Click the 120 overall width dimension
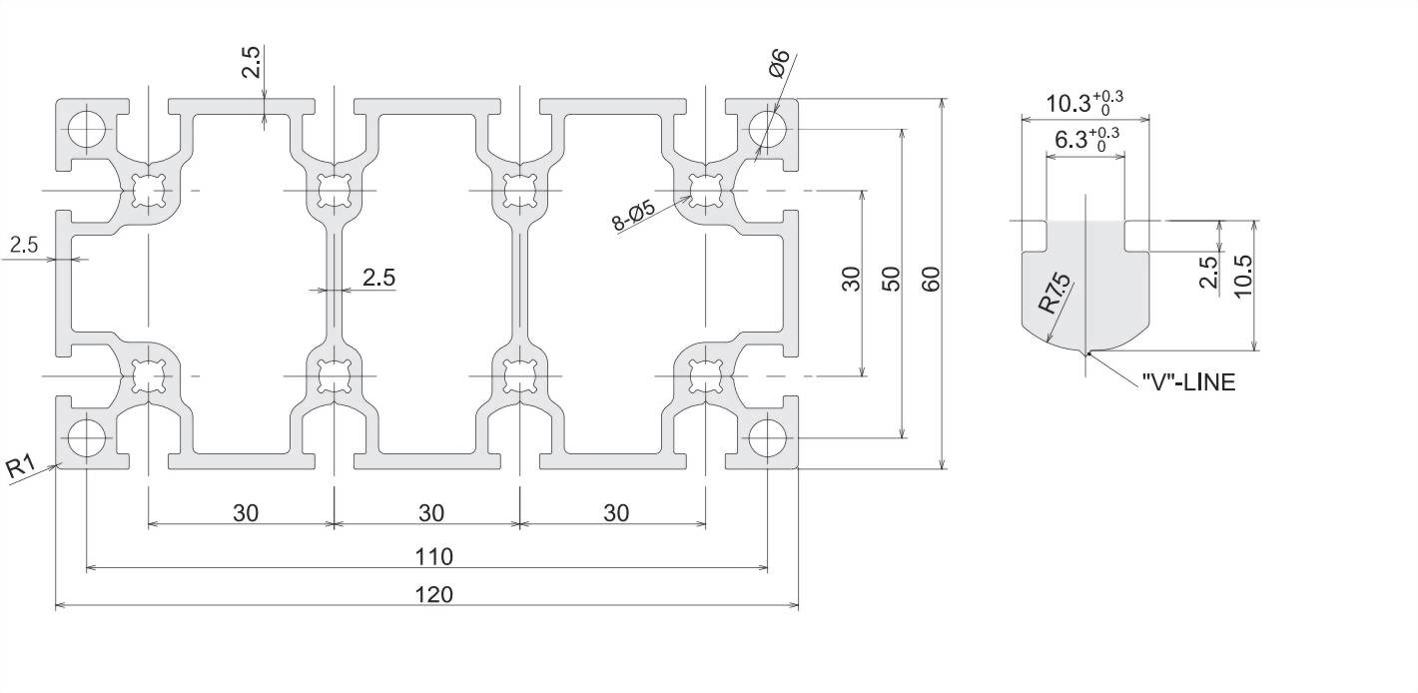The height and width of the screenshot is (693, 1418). [x=433, y=594]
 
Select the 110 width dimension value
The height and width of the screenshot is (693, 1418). [x=433, y=556]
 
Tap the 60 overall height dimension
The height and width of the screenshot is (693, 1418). [x=932, y=280]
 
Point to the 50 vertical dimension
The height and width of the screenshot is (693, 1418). [x=892, y=280]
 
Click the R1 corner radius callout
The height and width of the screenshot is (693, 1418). [x=21, y=465]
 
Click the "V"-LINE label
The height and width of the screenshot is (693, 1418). [x=1188, y=381]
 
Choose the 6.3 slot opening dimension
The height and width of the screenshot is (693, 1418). [x=1085, y=138]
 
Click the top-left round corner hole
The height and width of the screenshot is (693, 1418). [x=86, y=128]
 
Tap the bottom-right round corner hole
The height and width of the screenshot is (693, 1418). [x=767, y=436]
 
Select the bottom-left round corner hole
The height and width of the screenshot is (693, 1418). [x=86, y=436]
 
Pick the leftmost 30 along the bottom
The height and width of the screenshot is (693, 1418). [x=246, y=512]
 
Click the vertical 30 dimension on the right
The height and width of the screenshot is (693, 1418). [x=851, y=280]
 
